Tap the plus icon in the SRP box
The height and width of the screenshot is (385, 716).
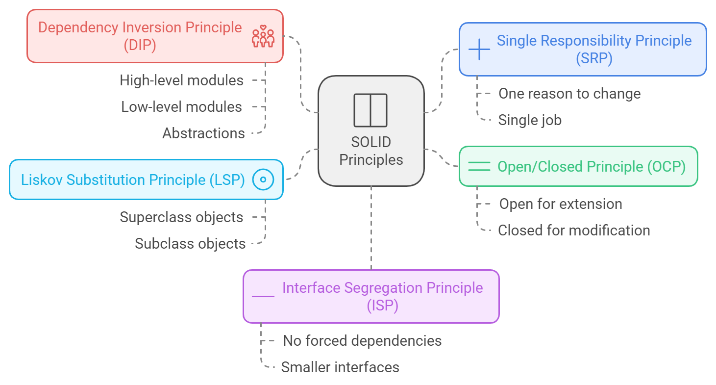(x=479, y=49)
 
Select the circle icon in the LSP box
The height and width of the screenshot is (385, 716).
(x=263, y=180)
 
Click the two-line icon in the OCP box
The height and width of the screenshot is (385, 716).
(x=479, y=166)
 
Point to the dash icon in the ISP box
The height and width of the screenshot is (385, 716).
(x=263, y=296)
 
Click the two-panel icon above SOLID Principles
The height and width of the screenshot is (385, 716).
(x=370, y=110)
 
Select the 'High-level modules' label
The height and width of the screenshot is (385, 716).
(x=181, y=80)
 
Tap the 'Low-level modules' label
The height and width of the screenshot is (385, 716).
(x=181, y=107)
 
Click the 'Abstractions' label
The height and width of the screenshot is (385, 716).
(x=203, y=133)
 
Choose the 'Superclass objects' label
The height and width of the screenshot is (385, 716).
(x=181, y=217)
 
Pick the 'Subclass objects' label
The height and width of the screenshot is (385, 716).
(x=190, y=244)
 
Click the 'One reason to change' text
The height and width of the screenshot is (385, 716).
(x=569, y=94)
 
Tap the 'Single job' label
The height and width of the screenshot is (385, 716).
(x=530, y=120)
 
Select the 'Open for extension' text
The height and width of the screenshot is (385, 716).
(x=561, y=204)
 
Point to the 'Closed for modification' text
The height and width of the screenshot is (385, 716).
(x=574, y=231)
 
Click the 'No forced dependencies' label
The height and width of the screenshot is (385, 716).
(x=362, y=341)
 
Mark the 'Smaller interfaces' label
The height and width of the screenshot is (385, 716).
(x=340, y=367)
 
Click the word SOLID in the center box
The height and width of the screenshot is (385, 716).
(x=371, y=143)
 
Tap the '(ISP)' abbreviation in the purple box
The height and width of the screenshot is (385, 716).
(x=382, y=306)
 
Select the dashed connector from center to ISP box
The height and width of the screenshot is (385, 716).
(x=371, y=228)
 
